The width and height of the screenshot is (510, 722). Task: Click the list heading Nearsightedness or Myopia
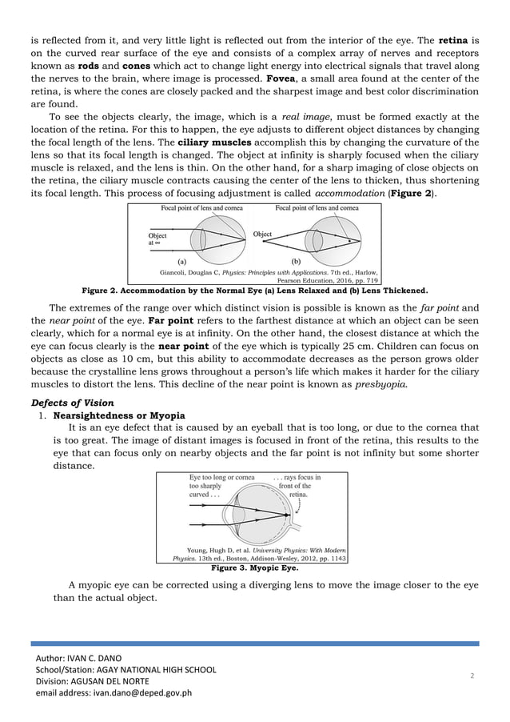pyautogui.click(x=119, y=415)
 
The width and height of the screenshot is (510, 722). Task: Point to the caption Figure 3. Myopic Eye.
pyautogui.click(x=253, y=568)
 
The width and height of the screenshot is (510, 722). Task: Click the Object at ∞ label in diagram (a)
pyautogui.click(x=157, y=239)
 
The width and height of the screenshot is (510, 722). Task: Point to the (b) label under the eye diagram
pyautogui.click(x=296, y=261)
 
